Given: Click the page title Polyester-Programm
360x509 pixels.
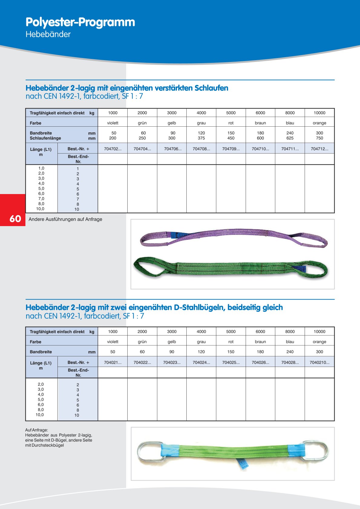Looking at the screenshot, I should (80, 22).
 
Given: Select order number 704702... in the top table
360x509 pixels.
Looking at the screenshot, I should (113, 149).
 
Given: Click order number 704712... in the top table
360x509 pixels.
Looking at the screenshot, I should (319, 149).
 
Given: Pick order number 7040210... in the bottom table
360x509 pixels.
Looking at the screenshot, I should (319, 362).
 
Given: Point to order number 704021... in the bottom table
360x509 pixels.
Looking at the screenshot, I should (113, 362).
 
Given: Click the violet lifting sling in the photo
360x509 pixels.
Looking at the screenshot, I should (233, 233).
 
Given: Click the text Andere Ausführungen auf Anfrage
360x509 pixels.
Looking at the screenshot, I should (65, 219).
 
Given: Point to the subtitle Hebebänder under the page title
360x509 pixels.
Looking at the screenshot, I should (48, 34).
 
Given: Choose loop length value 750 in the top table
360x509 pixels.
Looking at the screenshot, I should (319, 138).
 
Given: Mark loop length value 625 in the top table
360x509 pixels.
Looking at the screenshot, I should (290, 138).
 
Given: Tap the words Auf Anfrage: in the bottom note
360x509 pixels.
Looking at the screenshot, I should (37, 430).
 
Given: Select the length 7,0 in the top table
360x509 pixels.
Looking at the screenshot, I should (41, 199).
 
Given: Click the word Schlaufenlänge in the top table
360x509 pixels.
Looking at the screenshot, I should (45, 138).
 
